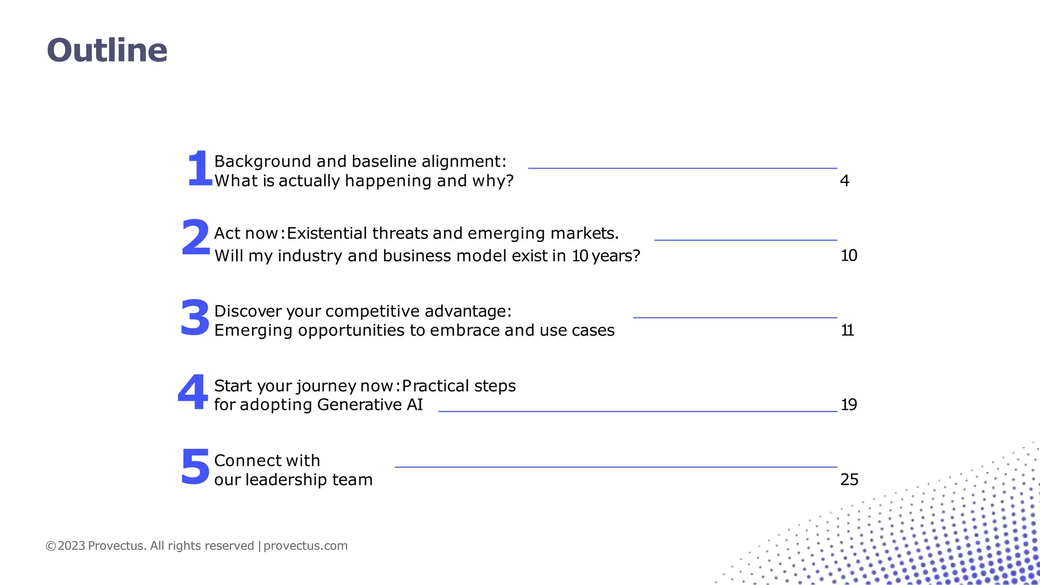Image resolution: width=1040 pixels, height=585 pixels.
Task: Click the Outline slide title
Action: pyautogui.click(x=107, y=50)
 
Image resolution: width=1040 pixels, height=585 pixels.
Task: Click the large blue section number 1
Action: pyautogui.click(x=199, y=169)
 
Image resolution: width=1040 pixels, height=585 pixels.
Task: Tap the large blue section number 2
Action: pyautogui.click(x=196, y=237)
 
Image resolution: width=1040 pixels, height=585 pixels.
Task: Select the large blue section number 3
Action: pyautogui.click(x=194, y=318)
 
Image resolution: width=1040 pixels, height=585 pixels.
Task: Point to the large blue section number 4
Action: pyautogui.click(x=193, y=393)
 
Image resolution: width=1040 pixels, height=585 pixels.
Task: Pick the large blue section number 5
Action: pyautogui.click(x=195, y=467)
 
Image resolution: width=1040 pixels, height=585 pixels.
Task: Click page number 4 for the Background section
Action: pyautogui.click(x=844, y=181)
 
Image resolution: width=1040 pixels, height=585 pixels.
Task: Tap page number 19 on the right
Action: pyautogui.click(x=849, y=405)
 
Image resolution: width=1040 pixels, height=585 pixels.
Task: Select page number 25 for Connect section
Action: pyautogui.click(x=849, y=479)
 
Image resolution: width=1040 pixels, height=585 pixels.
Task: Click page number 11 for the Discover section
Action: pyautogui.click(x=848, y=331)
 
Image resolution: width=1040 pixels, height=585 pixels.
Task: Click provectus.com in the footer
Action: pyautogui.click(x=305, y=546)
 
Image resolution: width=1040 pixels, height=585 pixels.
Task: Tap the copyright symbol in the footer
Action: pyautogui.click(x=50, y=546)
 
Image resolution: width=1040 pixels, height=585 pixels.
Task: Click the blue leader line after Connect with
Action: pyautogui.click(x=615, y=467)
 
